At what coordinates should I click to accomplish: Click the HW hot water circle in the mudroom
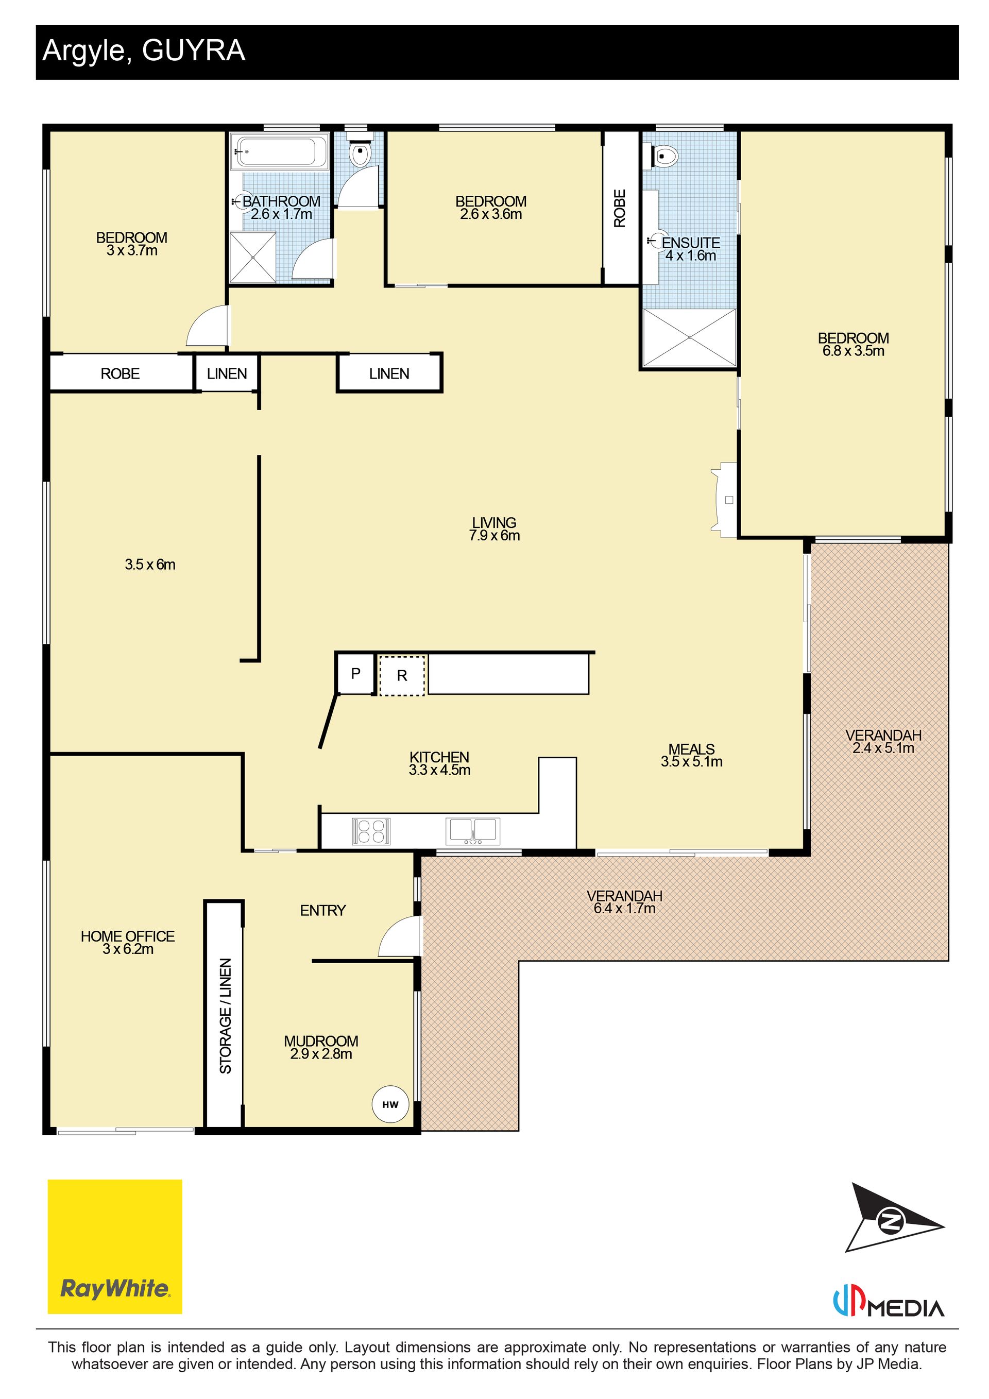coord(390,1104)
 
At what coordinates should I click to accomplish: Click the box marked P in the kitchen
coord(355,673)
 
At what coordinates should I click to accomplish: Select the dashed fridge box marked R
coord(402,675)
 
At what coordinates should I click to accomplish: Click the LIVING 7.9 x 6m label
coord(494,529)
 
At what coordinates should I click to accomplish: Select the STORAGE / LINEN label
coord(226,1016)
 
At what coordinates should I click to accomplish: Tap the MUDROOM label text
coord(321,1040)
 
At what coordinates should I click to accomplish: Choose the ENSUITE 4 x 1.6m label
coord(690,249)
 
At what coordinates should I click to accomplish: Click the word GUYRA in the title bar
coord(193,50)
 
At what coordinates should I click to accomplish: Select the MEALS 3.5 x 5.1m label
coord(692,755)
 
